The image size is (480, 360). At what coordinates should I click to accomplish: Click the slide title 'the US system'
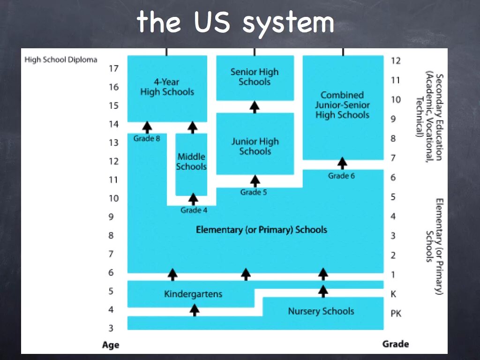point(235,22)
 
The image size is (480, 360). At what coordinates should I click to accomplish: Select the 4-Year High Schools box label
point(167,87)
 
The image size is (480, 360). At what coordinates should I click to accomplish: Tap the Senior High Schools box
point(255,77)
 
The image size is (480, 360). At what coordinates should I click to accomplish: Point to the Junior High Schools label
point(255,146)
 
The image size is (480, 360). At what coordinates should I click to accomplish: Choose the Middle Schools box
point(191,162)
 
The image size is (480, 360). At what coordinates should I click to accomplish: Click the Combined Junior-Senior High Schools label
point(342,105)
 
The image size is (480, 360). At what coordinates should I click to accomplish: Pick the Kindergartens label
point(193,294)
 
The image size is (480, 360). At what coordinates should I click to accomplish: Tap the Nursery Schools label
point(321,311)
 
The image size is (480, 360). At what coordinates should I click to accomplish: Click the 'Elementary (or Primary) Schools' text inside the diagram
point(261,230)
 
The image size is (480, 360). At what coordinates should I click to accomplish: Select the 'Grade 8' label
point(147,139)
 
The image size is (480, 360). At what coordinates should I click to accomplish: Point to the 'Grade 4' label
point(194,210)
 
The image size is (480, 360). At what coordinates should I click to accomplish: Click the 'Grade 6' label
point(341,176)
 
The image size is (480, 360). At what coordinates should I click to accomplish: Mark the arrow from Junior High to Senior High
point(255,107)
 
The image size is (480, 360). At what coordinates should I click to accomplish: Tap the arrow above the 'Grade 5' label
point(255,180)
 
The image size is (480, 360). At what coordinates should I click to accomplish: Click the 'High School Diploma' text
point(61,60)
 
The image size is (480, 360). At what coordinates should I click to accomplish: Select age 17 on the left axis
point(114,68)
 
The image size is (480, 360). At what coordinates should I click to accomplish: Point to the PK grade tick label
point(396,314)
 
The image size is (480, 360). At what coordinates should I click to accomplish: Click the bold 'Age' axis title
point(111,345)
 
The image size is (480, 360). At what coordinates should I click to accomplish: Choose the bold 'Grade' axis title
point(396,344)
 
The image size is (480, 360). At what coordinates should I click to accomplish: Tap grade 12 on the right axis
point(396,60)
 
